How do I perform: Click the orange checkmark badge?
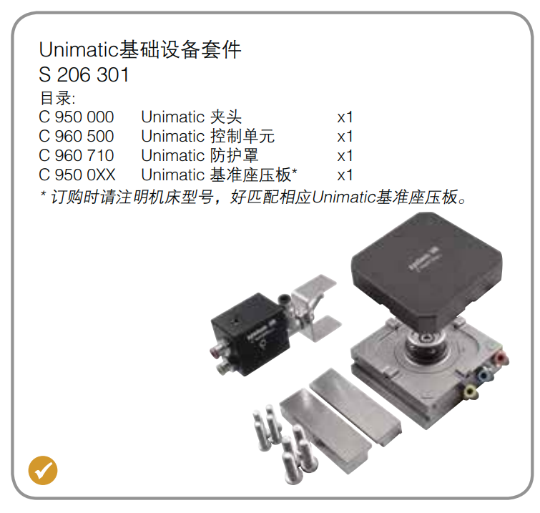point(43,470)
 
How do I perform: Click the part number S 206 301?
point(84,74)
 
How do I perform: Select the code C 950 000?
point(76,117)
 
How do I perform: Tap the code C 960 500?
point(76,137)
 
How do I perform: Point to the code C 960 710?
point(76,156)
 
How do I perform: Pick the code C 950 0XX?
point(77,175)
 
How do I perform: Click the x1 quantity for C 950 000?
point(345,117)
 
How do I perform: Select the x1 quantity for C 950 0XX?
point(345,175)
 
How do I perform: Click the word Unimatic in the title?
point(79,49)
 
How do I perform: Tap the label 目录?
point(57,98)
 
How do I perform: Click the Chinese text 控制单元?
point(242,136)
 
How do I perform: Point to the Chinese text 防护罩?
point(234,155)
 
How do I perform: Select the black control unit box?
point(250,333)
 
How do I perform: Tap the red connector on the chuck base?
point(501,359)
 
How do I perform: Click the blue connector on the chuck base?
point(485,375)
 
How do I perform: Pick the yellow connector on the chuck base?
point(469,392)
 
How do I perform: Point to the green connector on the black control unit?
point(224,368)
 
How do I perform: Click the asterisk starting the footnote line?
point(43,194)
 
